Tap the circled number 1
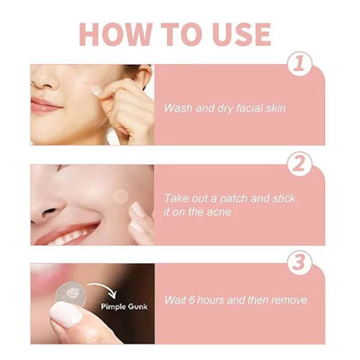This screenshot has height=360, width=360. point(299,64)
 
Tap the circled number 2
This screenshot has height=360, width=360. point(299,164)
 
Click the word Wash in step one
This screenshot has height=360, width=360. point(178,108)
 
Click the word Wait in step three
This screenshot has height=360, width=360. point(177,300)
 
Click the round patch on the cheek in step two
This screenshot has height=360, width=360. point(120,196)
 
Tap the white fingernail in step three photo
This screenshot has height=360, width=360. point(65,315)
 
